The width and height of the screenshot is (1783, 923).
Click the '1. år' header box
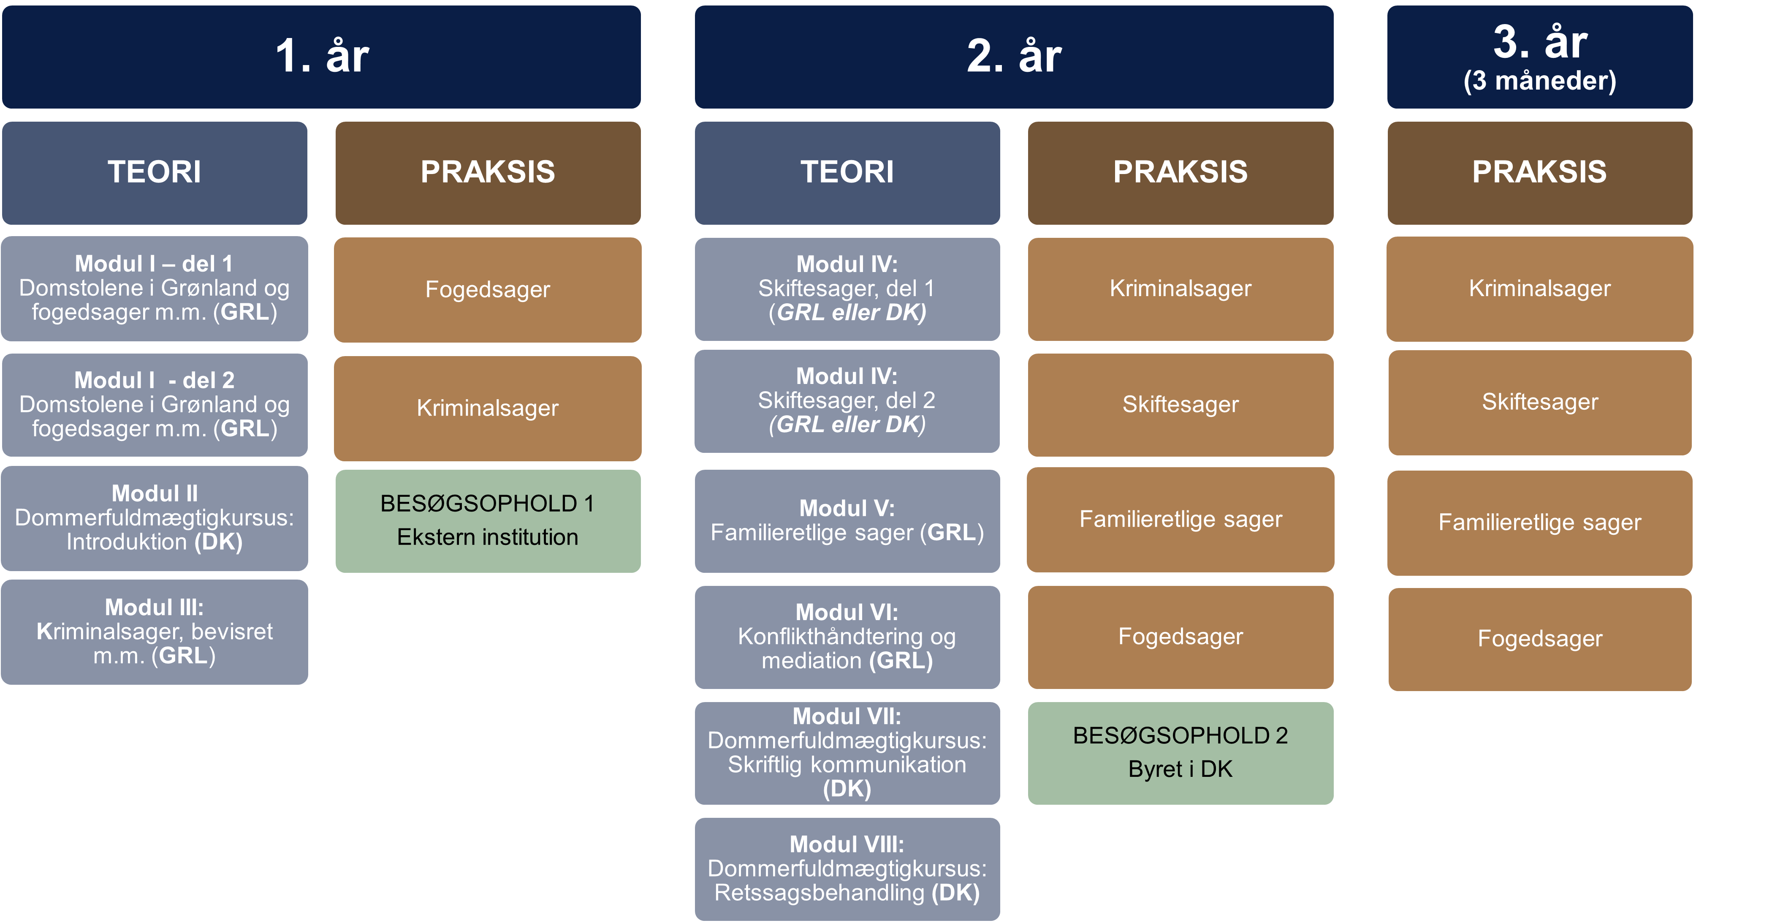322,57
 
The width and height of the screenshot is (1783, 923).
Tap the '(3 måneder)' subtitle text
1539,81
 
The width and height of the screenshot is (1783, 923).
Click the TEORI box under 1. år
155,172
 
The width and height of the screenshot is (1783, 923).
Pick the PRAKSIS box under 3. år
1539,172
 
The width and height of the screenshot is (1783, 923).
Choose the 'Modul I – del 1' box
155,288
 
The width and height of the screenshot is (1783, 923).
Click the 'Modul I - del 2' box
155,404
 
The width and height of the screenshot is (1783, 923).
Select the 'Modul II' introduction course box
155,518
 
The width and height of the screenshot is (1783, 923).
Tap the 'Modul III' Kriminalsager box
155,632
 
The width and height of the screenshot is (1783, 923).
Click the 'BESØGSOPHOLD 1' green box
488,521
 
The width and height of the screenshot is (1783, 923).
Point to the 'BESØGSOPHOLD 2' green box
1180,753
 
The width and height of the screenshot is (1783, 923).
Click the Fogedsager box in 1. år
488,289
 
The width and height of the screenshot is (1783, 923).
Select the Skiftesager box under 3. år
1539,402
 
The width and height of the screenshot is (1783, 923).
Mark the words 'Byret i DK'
1180,769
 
